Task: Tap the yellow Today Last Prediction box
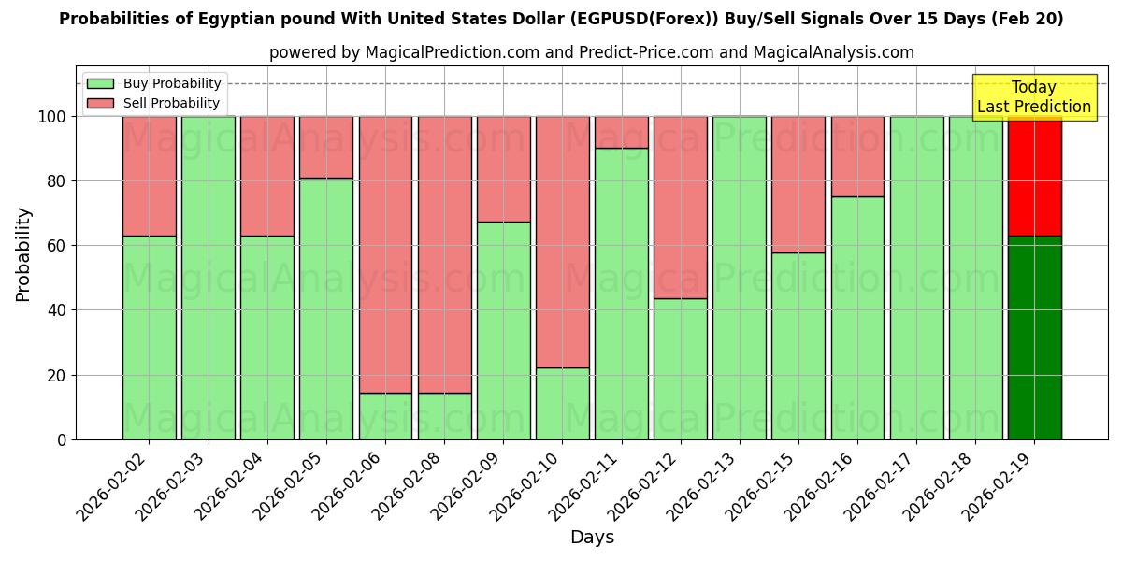[1033, 97]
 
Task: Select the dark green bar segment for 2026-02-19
[1034, 338]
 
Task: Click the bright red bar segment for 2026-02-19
[1034, 176]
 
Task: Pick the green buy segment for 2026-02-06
[385, 416]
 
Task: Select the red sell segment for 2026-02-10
[562, 241]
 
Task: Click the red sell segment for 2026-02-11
[621, 132]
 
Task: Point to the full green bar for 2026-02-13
[739, 278]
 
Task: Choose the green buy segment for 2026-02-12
[680, 368]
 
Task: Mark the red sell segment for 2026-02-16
[857, 156]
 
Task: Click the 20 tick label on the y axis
[57, 376]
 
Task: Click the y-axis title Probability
[23, 254]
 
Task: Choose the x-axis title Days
[592, 538]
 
